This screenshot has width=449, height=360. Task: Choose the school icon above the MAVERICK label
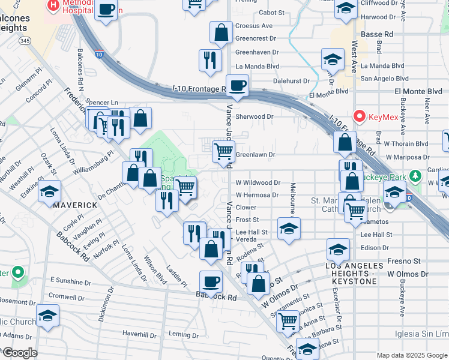tap(49, 193)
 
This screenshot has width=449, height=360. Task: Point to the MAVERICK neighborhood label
tap(75, 205)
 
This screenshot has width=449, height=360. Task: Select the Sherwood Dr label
tap(255, 116)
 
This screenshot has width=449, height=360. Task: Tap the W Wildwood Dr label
tap(258, 182)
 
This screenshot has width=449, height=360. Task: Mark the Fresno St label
tap(404, 261)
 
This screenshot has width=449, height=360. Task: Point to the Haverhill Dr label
tap(139, 333)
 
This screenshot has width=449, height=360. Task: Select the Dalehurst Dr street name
tap(291, 80)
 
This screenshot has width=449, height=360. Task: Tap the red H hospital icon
tap(53, 5)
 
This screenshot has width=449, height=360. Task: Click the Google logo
tap(19, 353)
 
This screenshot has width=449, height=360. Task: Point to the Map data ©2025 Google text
tap(412, 355)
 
